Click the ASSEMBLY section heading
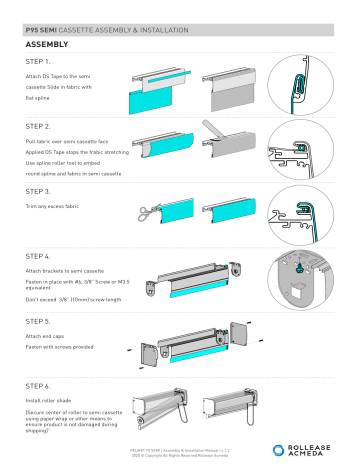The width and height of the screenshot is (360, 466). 48,45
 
